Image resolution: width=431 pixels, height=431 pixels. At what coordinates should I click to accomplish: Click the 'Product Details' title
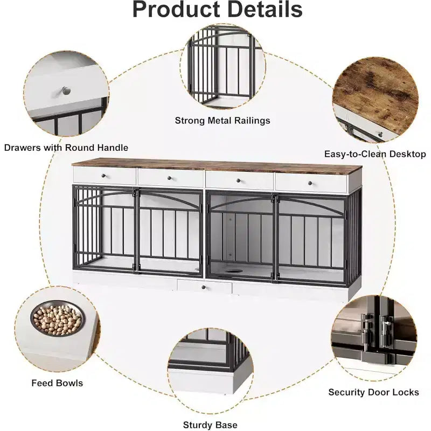pyautogui.click(x=218, y=9)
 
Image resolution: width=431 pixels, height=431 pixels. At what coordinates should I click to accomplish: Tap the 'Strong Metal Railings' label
pyautogui.click(x=223, y=120)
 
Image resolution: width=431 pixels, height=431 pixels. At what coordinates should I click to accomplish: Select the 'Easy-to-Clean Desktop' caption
pyautogui.click(x=375, y=154)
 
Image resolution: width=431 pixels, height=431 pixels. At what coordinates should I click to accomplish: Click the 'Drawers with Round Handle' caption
pyautogui.click(x=66, y=148)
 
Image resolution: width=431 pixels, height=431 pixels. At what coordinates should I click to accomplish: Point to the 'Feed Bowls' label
pyautogui.click(x=57, y=383)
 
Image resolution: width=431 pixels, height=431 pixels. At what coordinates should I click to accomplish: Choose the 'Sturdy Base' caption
pyautogui.click(x=210, y=425)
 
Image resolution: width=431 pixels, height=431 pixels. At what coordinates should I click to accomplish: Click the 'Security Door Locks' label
pyautogui.click(x=373, y=392)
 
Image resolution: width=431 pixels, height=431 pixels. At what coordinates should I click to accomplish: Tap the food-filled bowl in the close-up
pyautogui.click(x=58, y=318)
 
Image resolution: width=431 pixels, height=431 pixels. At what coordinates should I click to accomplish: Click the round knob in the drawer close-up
pyautogui.click(x=66, y=91)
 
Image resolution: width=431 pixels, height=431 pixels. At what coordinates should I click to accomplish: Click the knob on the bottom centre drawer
pyautogui.click(x=204, y=287)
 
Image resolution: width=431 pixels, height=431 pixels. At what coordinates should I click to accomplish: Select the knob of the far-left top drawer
pyautogui.click(x=103, y=176)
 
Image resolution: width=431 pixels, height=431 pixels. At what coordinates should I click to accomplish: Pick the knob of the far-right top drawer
pyautogui.click(x=310, y=183)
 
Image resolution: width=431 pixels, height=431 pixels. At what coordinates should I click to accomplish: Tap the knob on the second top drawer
pyautogui.click(x=169, y=178)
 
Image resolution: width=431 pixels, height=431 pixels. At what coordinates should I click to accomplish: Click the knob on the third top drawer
pyautogui.click(x=239, y=180)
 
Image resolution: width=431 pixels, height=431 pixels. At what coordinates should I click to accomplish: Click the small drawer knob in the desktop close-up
pyautogui.click(x=381, y=134)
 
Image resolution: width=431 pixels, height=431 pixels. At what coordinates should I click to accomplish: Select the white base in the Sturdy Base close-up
pyautogui.click(x=209, y=381)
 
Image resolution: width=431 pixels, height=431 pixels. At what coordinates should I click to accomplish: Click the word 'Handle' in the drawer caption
pyautogui.click(x=113, y=148)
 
